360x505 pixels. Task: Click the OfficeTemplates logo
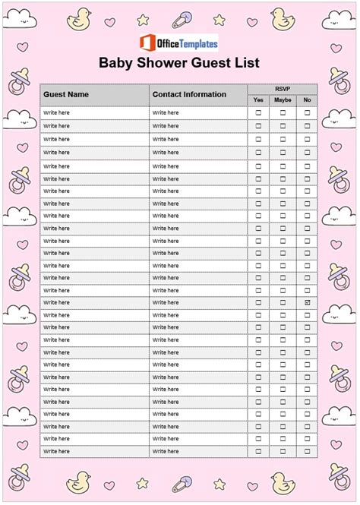179,42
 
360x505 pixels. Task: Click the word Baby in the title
117,63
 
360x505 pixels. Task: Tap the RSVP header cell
283,88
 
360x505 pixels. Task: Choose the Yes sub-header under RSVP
258,100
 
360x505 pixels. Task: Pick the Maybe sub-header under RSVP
283,100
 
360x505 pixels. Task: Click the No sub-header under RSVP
307,100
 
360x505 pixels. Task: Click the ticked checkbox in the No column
308,302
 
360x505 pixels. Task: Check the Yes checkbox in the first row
258,113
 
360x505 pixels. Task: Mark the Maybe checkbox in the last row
283,451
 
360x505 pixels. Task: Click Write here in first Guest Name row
56,113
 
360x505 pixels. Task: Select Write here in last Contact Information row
165,451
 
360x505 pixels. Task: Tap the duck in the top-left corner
78,19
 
